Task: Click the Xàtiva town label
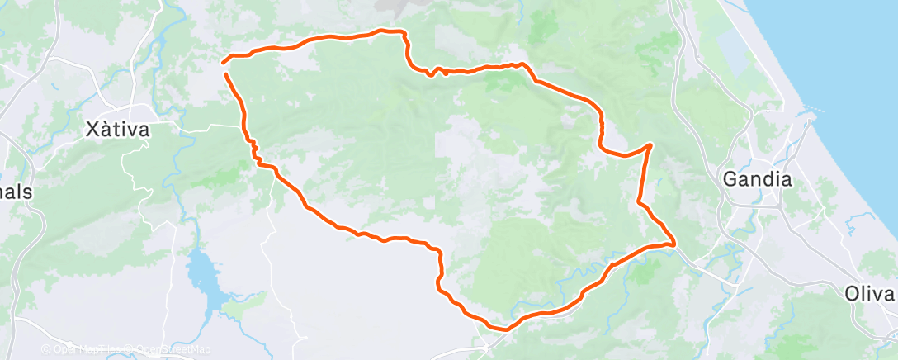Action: [117, 130]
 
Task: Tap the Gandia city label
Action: [757, 178]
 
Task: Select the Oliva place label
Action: [870, 294]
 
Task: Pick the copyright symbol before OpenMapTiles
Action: [48, 349]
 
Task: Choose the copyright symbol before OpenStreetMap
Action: [130, 349]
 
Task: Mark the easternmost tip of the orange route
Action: [675, 244]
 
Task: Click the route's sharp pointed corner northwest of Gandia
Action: [651, 145]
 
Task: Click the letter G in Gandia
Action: [730, 178]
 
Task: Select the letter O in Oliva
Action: [852, 294]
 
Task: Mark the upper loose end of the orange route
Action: [224, 60]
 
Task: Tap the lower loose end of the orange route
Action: [224, 74]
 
